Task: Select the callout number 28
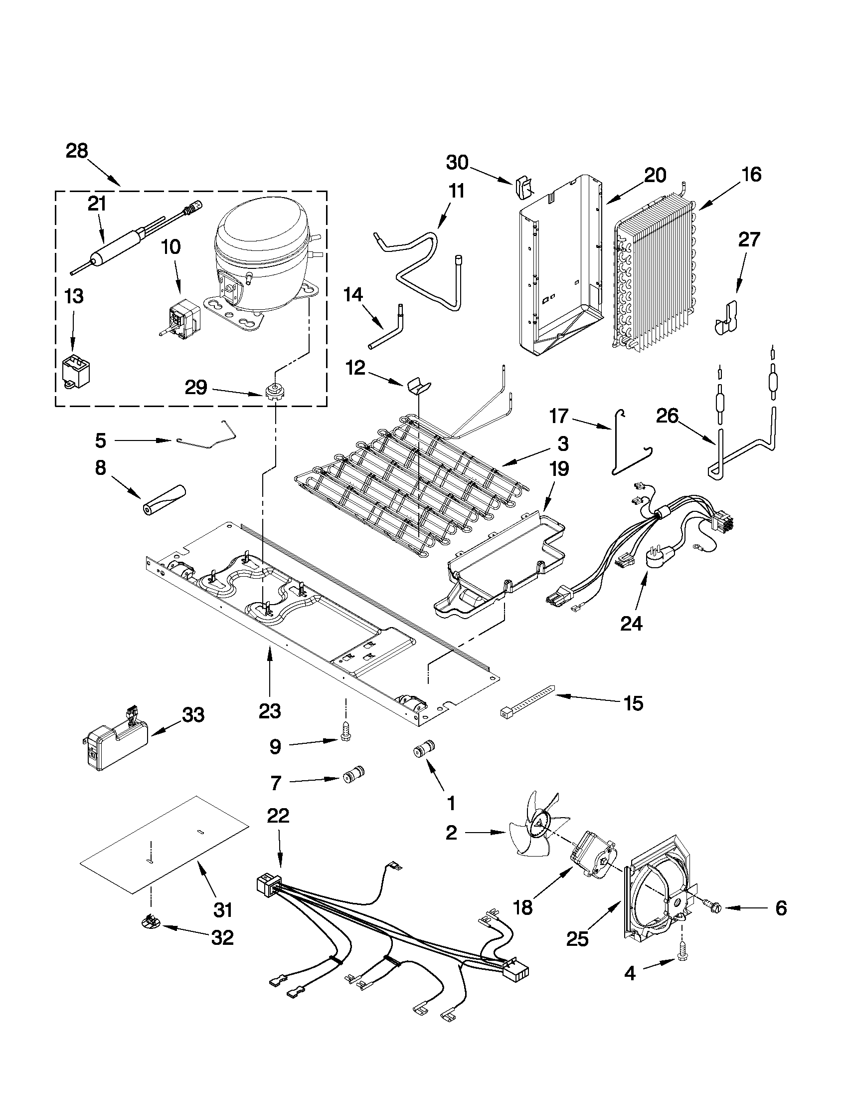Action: click(77, 150)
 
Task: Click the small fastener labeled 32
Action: click(150, 921)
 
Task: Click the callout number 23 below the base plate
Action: click(270, 711)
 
